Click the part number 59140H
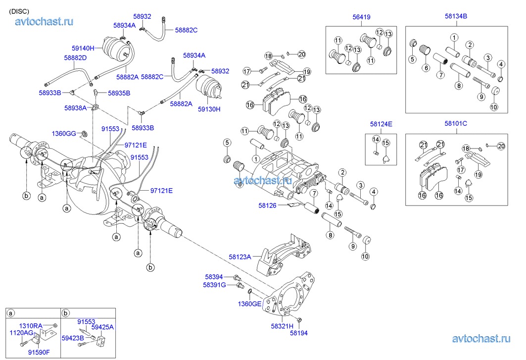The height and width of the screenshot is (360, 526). click(x=83, y=49)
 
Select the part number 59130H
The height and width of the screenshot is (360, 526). click(x=210, y=109)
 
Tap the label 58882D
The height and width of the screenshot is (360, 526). click(x=75, y=58)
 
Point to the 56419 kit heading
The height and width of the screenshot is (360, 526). click(x=361, y=17)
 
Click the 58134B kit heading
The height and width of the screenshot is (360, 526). click(x=456, y=16)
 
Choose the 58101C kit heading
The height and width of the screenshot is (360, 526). click(x=456, y=124)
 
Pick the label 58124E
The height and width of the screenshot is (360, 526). click(x=382, y=124)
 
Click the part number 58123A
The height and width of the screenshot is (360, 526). click(x=240, y=257)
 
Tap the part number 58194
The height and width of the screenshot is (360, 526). click(x=299, y=333)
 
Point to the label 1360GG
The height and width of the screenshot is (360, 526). click(x=64, y=133)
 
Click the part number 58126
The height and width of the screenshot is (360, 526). click(x=268, y=204)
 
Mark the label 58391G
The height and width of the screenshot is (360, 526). click(x=214, y=285)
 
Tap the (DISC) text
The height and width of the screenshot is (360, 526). click(x=19, y=11)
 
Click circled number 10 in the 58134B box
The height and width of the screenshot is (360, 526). click(x=494, y=107)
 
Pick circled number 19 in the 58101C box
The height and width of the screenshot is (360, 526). click(x=478, y=174)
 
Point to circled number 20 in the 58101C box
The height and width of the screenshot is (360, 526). click(x=501, y=146)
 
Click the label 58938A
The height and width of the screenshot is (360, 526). click(x=75, y=107)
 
